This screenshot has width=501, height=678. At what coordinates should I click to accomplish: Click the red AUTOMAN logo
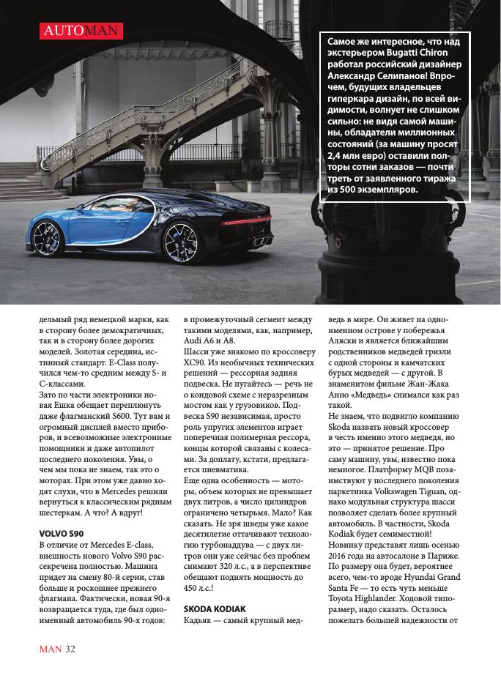(81, 31)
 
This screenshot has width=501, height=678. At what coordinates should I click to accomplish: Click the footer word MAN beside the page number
(50, 649)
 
